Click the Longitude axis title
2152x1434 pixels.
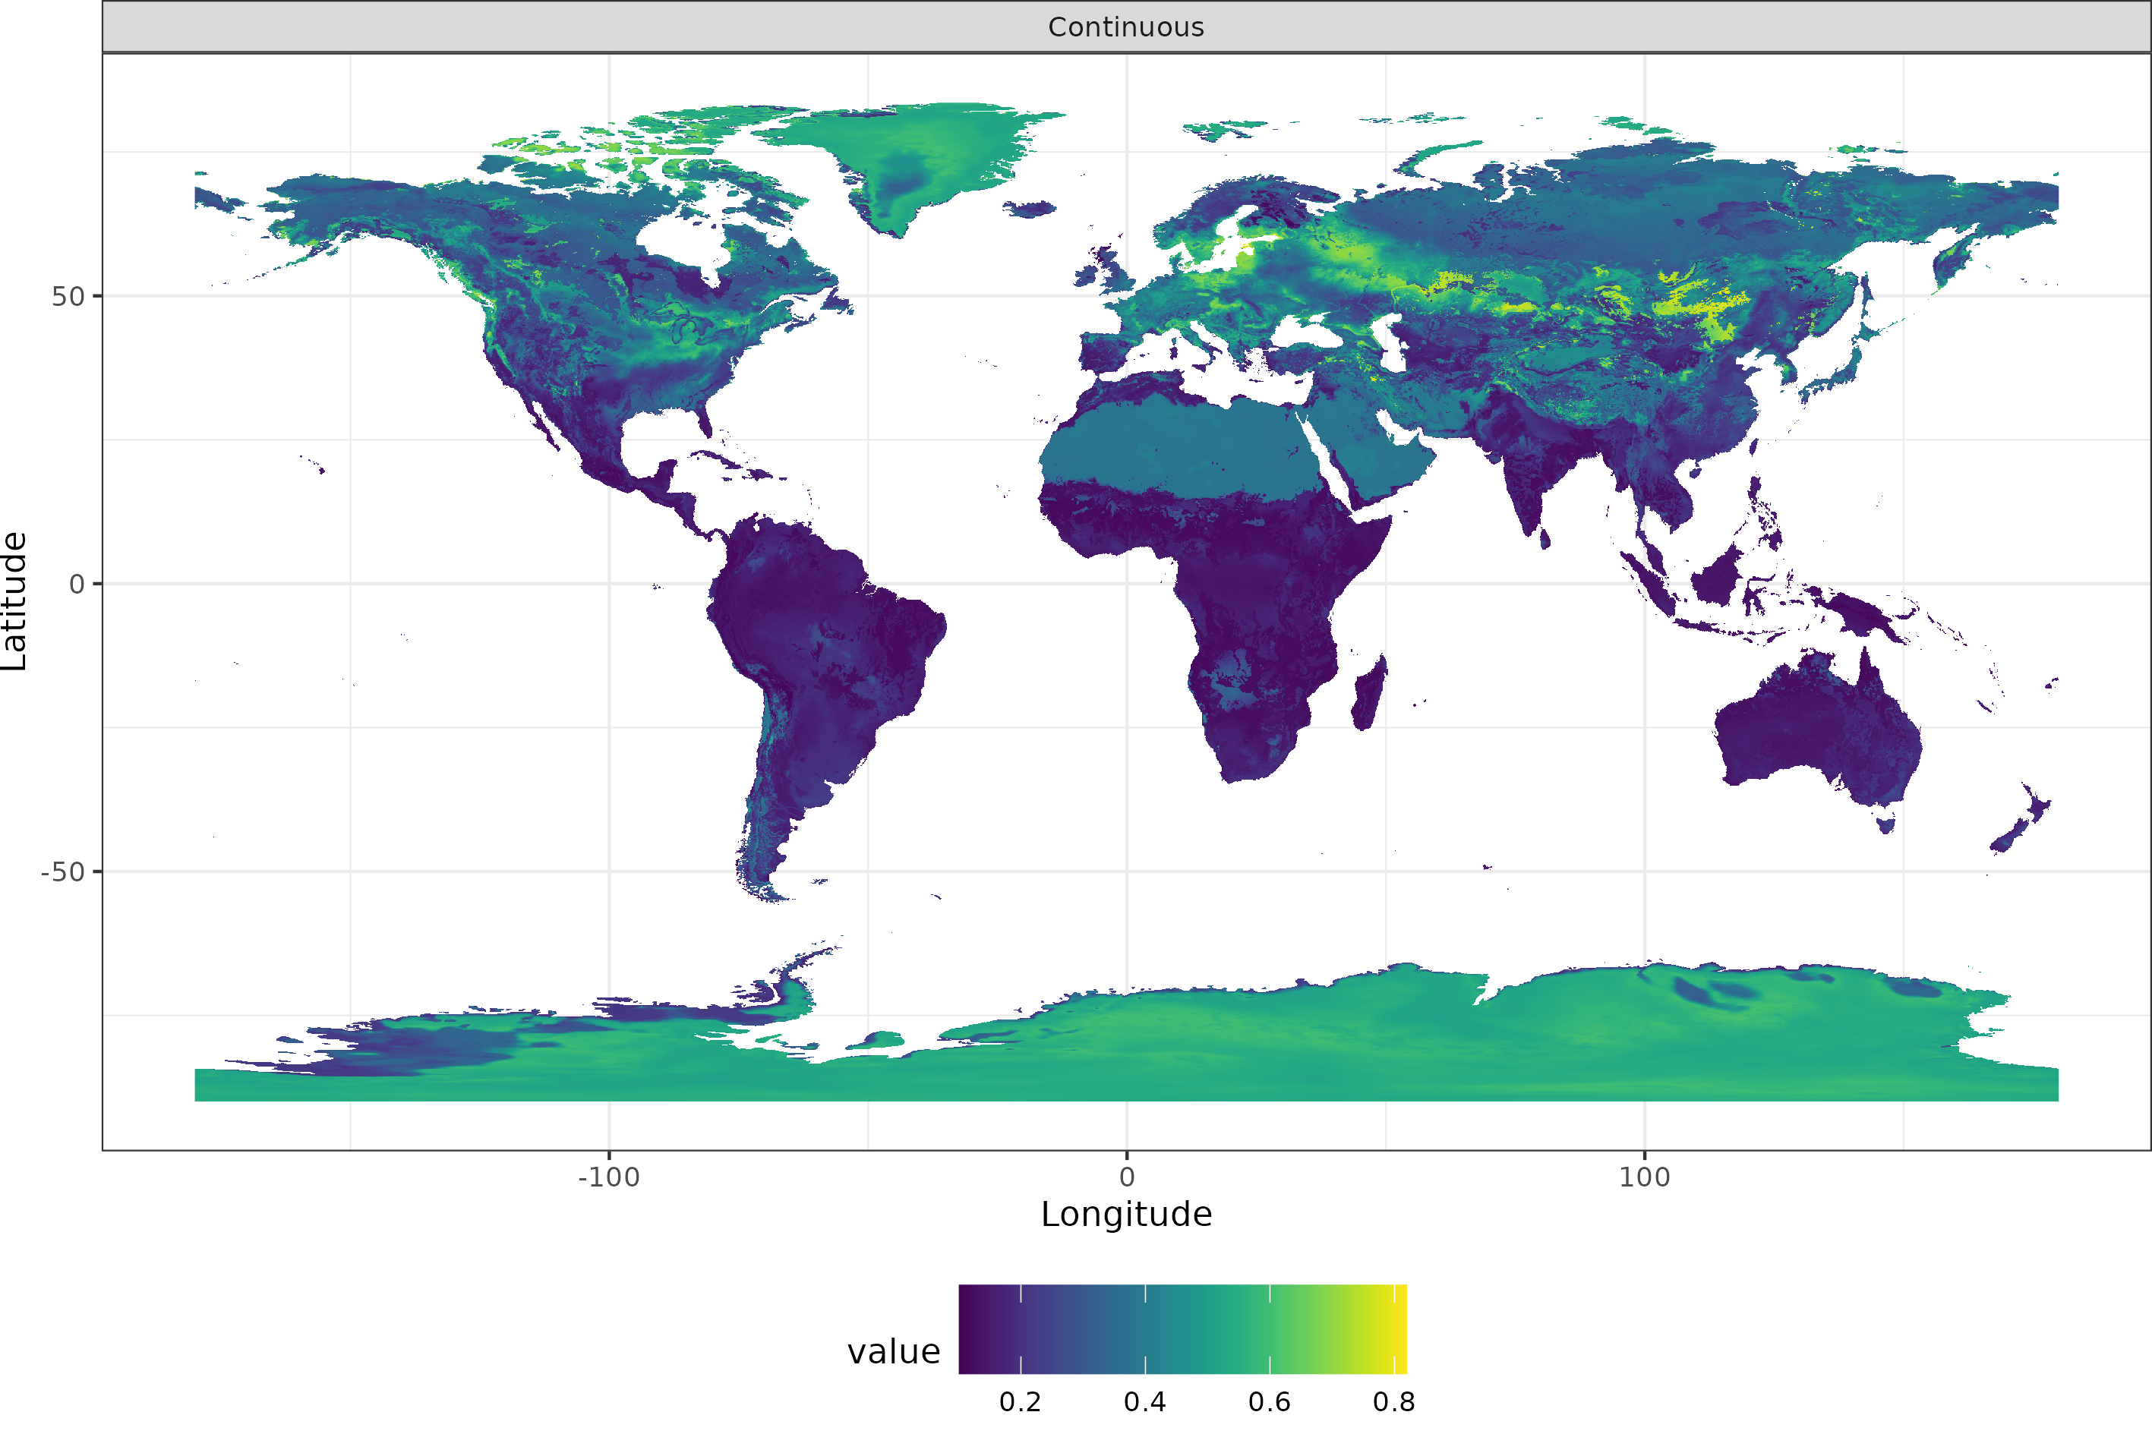(1126, 1215)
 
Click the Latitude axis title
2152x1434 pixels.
(14, 601)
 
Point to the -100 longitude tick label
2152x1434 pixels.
(608, 1177)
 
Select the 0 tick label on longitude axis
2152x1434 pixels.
(1127, 1177)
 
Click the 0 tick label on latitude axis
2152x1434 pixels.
(77, 585)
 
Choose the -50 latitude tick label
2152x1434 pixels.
(62, 872)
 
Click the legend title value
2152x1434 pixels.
(893, 1352)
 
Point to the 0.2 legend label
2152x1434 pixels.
(1020, 1402)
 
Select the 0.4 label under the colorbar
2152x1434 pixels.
(1144, 1402)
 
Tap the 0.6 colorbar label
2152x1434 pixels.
(1270, 1402)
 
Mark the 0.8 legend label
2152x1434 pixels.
(1393, 1402)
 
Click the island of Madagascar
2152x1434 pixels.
(1369, 693)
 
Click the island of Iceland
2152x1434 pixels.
(1030, 210)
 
